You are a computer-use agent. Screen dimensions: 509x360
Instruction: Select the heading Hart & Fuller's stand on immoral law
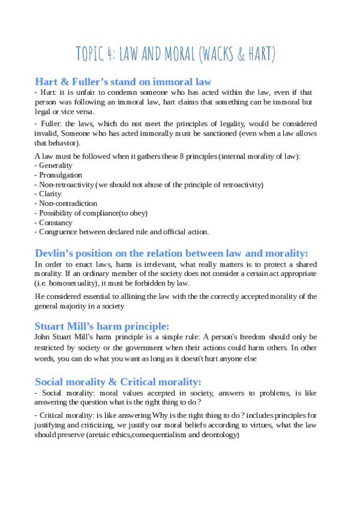point(123,82)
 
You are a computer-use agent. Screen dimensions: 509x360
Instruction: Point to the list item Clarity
point(50,194)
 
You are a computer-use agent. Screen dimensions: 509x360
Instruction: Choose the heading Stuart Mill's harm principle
point(102,327)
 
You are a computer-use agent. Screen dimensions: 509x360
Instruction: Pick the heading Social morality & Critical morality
point(118,382)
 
